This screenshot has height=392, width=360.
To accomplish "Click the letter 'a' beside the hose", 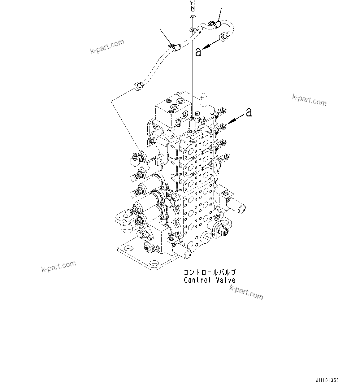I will coord(198,52).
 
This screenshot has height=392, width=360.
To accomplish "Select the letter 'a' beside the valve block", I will coord(249,112).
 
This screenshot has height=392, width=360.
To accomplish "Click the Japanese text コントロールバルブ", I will coord(210,272).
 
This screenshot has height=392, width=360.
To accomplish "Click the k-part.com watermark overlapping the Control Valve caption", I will coord(246,293).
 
